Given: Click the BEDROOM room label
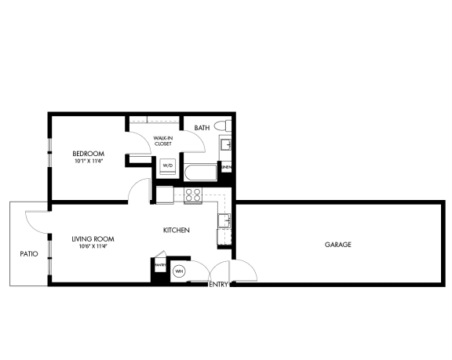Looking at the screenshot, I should [x=88, y=153].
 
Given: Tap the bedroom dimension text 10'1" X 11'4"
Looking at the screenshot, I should [x=88, y=161].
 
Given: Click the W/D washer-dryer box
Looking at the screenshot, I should [x=167, y=166].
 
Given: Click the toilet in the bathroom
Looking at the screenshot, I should [x=222, y=125].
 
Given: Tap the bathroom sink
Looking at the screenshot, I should [x=227, y=144].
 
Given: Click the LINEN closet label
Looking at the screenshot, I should [x=226, y=167].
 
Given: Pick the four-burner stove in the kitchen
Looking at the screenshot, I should [x=192, y=195].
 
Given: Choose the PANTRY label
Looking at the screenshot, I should [x=159, y=264].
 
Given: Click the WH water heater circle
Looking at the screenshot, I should [x=179, y=271].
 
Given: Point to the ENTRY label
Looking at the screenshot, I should [x=218, y=285].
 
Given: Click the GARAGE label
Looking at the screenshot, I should [x=337, y=245].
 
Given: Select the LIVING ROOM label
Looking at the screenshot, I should [x=89, y=238].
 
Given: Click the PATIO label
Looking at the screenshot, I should [x=29, y=254].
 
